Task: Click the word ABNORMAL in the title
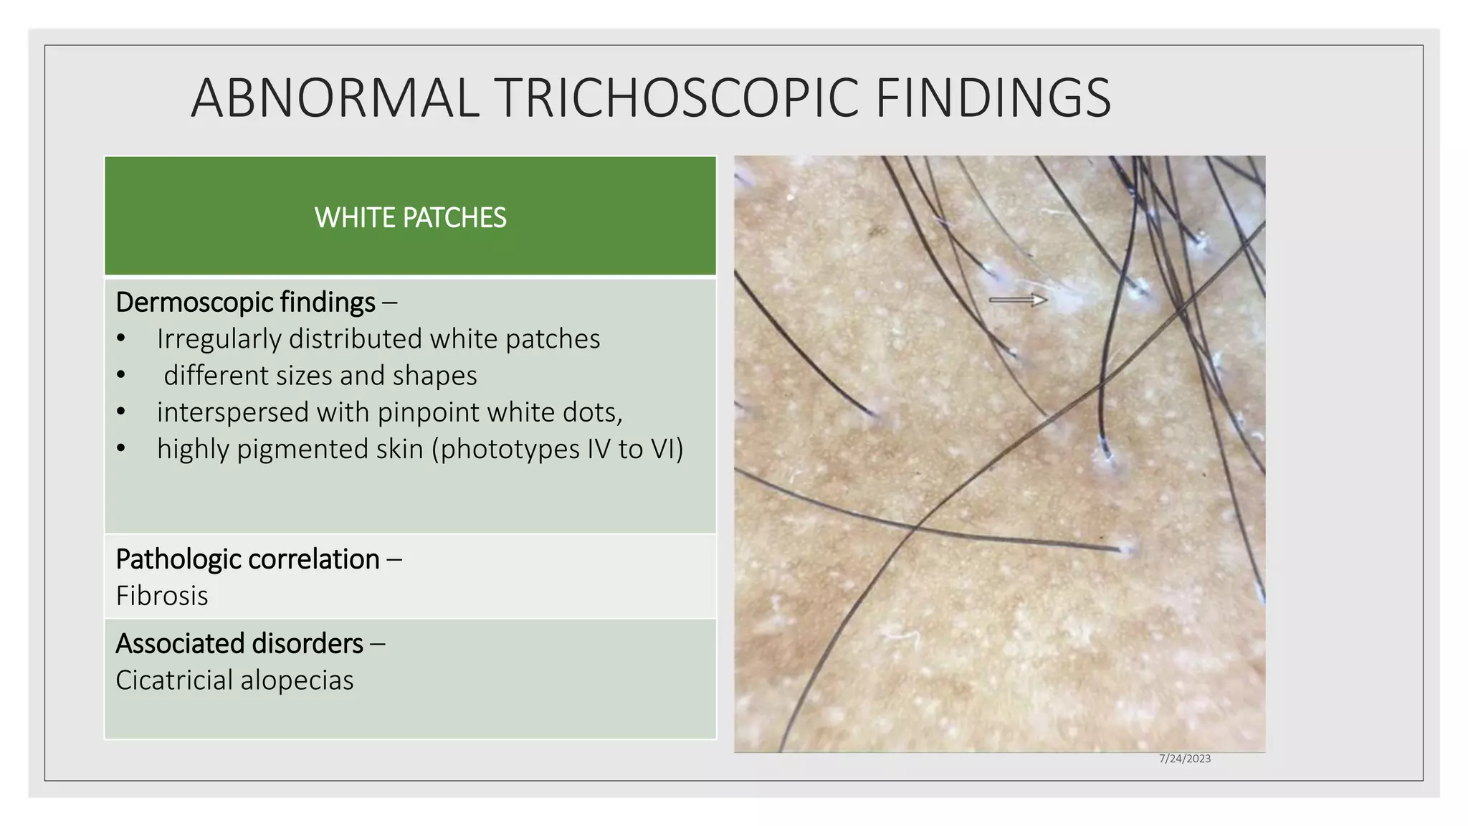pyautogui.click(x=335, y=98)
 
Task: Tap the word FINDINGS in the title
pyautogui.click(x=993, y=98)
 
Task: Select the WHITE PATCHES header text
pyautogui.click(x=410, y=217)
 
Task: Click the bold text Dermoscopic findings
pyautogui.click(x=245, y=303)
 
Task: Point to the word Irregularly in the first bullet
pyautogui.click(x=219, y=339)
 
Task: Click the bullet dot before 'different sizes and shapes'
pyautogui.click(x=120, y=376)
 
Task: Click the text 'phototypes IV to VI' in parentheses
pyautogui.click(x=557, y=449)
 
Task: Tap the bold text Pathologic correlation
pyautogui.click(x=247, y=559)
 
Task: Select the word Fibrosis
pyautogui.click(x=162, y=596)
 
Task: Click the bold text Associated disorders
pyautogui.click(x=239, y=644)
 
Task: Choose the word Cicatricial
pyautogui.click(x=174, y=680)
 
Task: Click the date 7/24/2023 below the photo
pyautogui.click(x=1184, y=759)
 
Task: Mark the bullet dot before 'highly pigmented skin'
pyautogui.click(x=120, y=449)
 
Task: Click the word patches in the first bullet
pyautogui.click(x=553, y=339)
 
